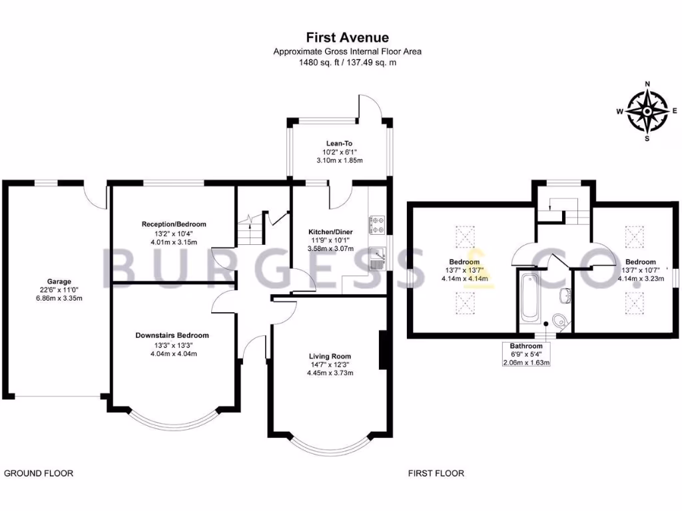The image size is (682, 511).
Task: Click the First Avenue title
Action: (347, 37)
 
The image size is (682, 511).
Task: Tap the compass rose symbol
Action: (647, 112)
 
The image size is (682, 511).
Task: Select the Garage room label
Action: (59, 281)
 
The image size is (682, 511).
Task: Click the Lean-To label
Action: (339, 144)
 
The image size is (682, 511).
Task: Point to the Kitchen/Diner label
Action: (330, 232)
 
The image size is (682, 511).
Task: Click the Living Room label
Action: (330, 357)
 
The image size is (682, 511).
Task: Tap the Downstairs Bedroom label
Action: (172, 335)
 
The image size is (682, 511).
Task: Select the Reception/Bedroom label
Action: (174, 224)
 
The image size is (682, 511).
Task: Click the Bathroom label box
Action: (526, 354)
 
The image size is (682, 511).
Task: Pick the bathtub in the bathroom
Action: (529, 297)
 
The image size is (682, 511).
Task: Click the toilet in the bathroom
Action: (560, 321)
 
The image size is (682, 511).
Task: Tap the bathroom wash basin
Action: (565, 295)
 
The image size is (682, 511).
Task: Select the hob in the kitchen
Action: (377, 225)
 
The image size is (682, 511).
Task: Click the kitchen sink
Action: (377, 258)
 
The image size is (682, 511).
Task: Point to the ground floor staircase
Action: (251, 229)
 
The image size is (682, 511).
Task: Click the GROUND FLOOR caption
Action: (39, 473)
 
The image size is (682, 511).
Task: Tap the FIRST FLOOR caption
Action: (436, 473)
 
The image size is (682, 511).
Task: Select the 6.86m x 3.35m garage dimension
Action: (59, 298)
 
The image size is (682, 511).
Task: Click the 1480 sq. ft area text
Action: (318, 63)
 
